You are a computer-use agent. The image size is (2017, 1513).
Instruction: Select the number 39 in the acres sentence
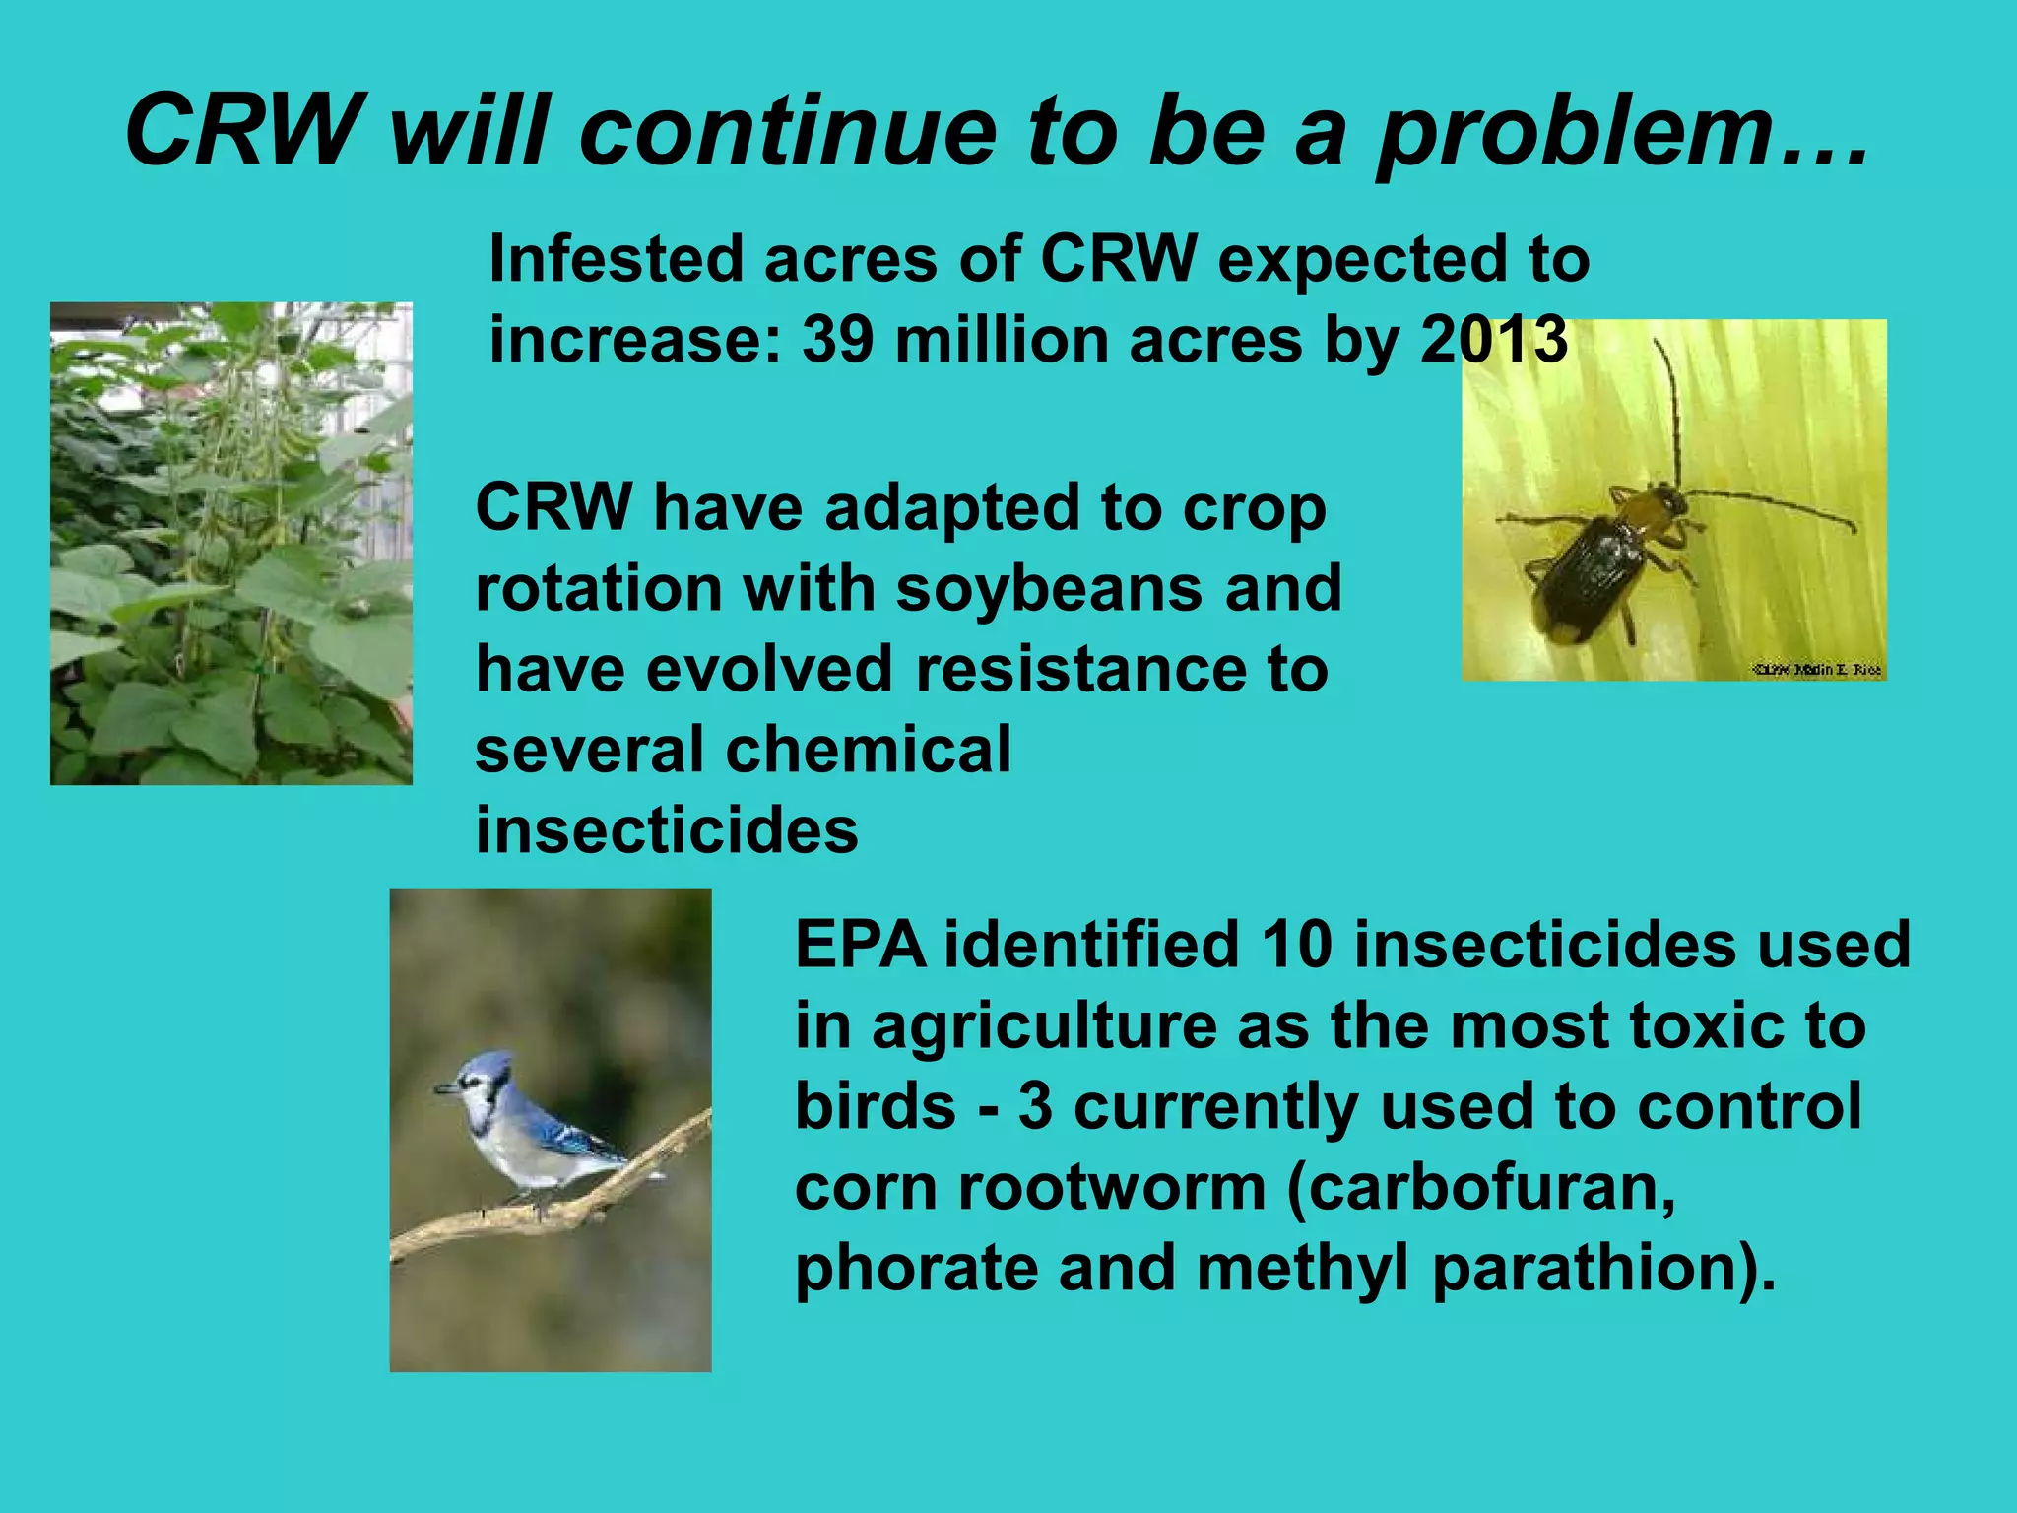837,340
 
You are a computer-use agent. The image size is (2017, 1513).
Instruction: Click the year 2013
1493,340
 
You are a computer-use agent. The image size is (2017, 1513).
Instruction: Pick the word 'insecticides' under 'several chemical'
667,830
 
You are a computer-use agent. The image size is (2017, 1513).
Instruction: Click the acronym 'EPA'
860,945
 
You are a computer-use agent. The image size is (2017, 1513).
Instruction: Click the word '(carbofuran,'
1481,1188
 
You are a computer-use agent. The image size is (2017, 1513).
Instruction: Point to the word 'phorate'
916,1269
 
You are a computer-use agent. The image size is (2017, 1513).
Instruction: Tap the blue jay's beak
444,1089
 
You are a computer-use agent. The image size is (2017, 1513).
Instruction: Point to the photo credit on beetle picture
1817,670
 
